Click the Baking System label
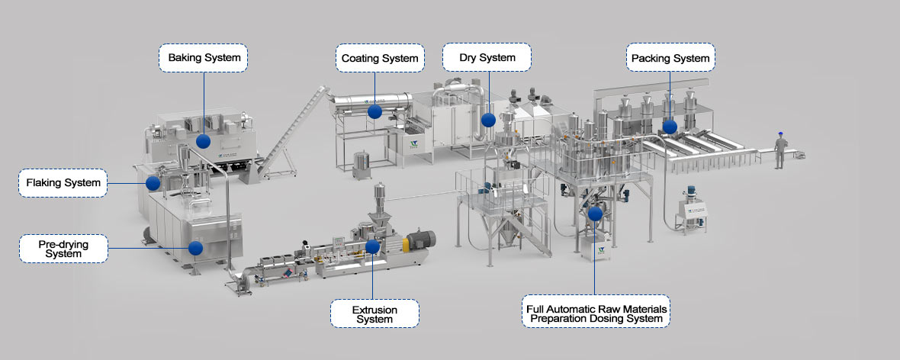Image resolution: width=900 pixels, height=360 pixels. click(x=203, y=58)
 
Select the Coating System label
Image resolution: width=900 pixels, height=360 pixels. click(x=379, y=58)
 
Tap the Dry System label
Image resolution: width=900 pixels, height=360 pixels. click(x=487, y=57)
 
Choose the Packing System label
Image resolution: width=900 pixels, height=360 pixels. click(x=670, y=58)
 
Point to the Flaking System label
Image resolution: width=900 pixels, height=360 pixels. click(x=63, y=183)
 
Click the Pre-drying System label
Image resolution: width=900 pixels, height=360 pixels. click(x=63, y=249)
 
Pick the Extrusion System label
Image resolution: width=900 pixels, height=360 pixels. click(x=374, y=313)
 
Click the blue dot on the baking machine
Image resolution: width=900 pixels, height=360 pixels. click(x=203, y=141)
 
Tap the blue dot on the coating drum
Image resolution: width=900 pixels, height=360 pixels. click(x=374, y=111)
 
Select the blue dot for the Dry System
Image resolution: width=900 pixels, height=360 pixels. click(x=487, y=121)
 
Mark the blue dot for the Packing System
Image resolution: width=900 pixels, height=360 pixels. click(x=670, y=127)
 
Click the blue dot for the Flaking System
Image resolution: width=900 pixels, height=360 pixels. click(x=153, y=183)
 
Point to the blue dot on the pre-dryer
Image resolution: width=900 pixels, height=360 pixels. click(x=195, y=248)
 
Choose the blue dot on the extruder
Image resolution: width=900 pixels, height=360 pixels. click(x=372, y=246)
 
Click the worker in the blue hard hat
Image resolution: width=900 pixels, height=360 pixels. click(x=780, y=150)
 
